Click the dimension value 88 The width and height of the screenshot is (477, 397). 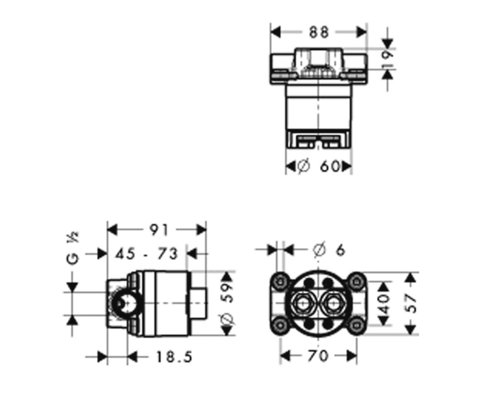tap(319, 32)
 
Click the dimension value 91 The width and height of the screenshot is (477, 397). tap(159, 230)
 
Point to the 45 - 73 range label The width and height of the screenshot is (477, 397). tap(146, 254)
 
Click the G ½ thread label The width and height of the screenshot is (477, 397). tap(73, 249)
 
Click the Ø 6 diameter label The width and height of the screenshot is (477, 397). tap(329, 250)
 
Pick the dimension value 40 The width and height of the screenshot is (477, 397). tap(384, 303)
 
